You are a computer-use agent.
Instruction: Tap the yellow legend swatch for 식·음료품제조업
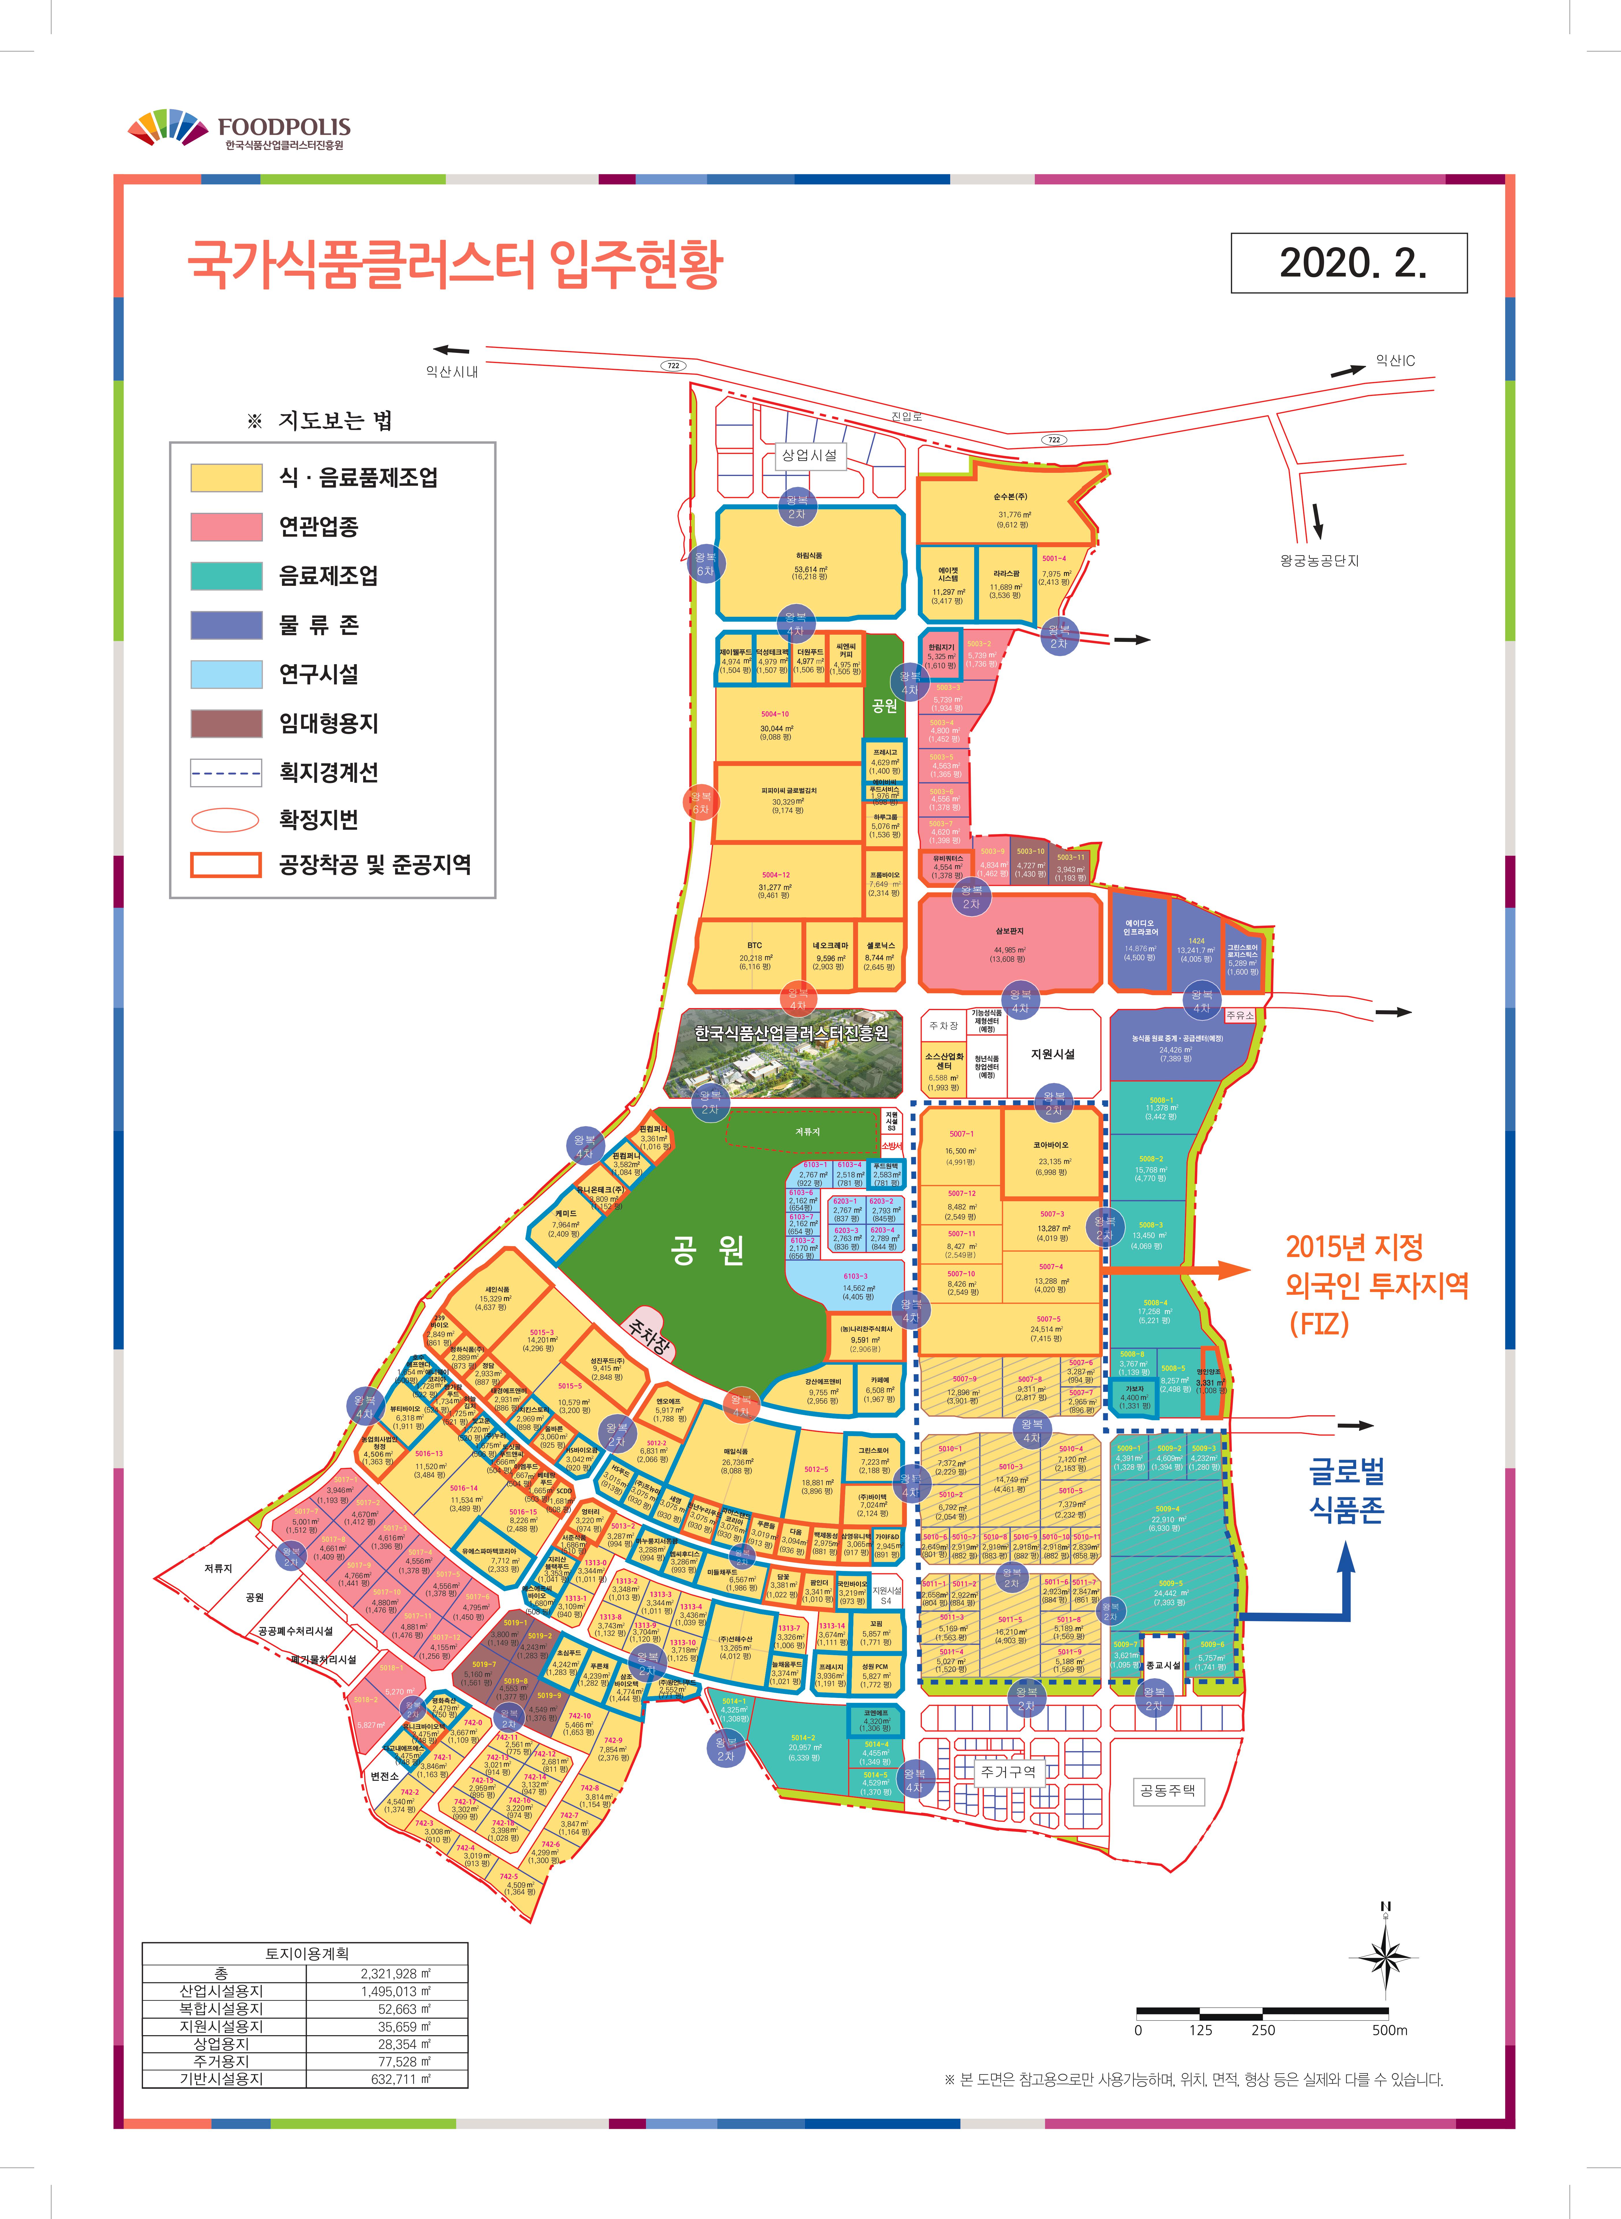[227, 478]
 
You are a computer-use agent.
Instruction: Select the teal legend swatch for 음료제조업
[227, 576]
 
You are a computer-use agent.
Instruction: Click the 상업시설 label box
[809, 455]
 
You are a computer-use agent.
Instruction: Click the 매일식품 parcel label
[736, 1451]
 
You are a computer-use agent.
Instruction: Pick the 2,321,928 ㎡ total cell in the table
[395, 1974]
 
